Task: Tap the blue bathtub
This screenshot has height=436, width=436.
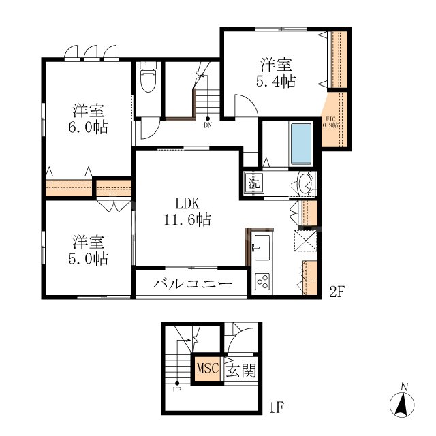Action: pyautogui.click(x=300, y=144)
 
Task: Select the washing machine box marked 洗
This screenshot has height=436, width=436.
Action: pyautogui.click(x=253, y=183)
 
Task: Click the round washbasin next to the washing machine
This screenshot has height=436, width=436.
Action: pyautogui.click(x=306, y=183)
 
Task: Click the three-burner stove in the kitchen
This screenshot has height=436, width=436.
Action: pyautogui.click(x=261, y=281)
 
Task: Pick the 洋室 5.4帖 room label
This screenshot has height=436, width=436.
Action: pyautogui.click(x=275, y=74)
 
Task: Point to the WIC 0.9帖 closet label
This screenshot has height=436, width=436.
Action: pyautogui.click(x=329, y=123)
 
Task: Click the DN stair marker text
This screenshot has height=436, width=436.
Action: pyautogui.click(x=207, y=125)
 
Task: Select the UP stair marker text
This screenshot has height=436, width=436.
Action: pyautogui.click(x=176, y=390)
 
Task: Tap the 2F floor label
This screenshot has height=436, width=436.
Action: pyautogui.click(x=338, y=292)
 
